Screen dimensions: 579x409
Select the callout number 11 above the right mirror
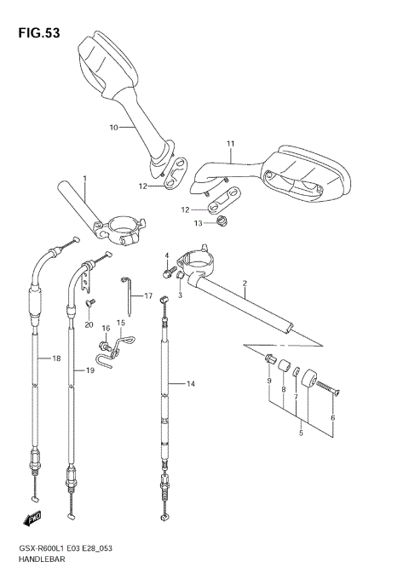coord(229,142)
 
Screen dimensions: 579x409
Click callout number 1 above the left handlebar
coord(84,178)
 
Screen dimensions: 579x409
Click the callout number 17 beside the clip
coord(147,296)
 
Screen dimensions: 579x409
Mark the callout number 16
coord(107,327)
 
